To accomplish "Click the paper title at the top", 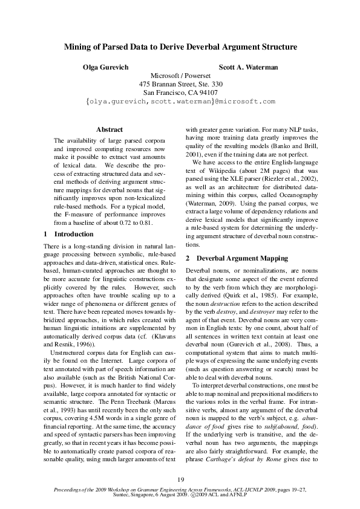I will point(180,47).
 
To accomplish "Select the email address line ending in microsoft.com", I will point(180,102).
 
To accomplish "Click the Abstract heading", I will point(110,129).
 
